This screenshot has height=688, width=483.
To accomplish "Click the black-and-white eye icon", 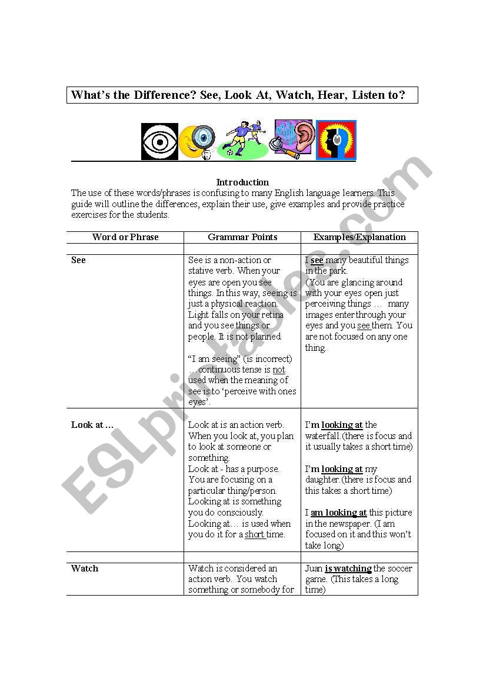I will (159, 141).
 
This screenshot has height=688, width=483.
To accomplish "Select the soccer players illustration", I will (242, 140).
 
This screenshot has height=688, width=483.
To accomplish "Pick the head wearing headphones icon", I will (336, 140).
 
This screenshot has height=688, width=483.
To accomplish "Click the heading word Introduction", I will (242, 182).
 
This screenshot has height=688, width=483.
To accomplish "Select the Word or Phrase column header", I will (125, 237).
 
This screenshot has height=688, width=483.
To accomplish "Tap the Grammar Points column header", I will (242, 237).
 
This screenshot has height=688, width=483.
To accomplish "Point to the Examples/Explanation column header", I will (359, 237).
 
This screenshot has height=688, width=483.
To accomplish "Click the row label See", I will (78, 260).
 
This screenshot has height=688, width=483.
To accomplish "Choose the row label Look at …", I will (92, 425).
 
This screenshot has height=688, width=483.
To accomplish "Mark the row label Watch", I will (85, 569).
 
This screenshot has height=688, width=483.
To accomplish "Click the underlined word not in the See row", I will (279, 370).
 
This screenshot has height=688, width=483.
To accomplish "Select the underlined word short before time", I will (254, 534).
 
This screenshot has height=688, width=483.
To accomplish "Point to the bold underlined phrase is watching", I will (348, 569).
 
